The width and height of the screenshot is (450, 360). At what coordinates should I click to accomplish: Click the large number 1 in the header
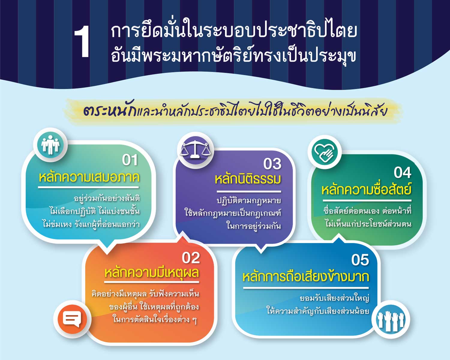pos(82,42)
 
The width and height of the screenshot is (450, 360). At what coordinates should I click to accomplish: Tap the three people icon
pos(50,145)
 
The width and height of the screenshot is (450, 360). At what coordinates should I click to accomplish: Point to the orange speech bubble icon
pos(72,319)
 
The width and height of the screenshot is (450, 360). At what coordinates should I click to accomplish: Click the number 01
pos(130,160)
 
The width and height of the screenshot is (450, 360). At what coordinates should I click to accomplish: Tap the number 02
pos(191,258)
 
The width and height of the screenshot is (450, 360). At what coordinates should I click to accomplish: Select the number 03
pos(272,164)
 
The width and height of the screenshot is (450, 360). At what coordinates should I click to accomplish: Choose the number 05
pos(360,260)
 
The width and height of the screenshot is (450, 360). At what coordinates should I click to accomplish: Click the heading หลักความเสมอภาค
pos(89,178)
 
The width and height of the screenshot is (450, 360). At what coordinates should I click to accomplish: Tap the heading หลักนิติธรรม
pos(248,179)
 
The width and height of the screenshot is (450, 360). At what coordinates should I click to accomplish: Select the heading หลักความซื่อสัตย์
pos(366,189)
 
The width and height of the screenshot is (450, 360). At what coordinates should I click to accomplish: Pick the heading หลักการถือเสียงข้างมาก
pos(306,277)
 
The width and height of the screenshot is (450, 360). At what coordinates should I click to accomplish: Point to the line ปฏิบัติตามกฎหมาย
pos(249,201)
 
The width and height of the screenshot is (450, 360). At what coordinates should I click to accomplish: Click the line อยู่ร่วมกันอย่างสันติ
pos(107,199)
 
